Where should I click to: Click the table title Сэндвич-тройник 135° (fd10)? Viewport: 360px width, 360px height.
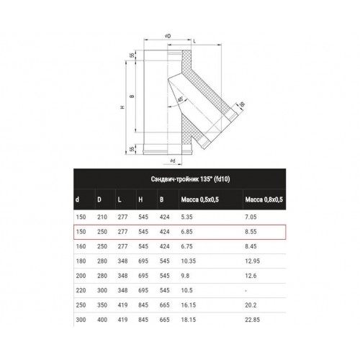pyautogui.click(x=190, y=179)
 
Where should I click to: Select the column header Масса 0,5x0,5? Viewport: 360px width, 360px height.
pyautogui.click(x=200, y=199)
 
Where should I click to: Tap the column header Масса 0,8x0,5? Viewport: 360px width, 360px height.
pyautogui.click(x=264, y=199)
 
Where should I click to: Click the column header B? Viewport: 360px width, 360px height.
pyautogui.click(x=162, y=199)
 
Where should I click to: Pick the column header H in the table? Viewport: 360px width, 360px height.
pyautogui.click(x=140, y=199)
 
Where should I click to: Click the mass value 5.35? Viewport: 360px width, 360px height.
pyautogui.click(x=186, y=217)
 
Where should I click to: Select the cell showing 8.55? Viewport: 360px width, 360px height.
pyautogui.click(x=251, y=232)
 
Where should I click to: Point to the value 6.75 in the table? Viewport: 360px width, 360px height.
pyautogui.click(x=186, y=246)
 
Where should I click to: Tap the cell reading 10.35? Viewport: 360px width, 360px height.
pyautogui.click(x=189, y=261)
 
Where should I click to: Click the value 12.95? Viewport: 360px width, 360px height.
pyautogui.click(x=252, y=261)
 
